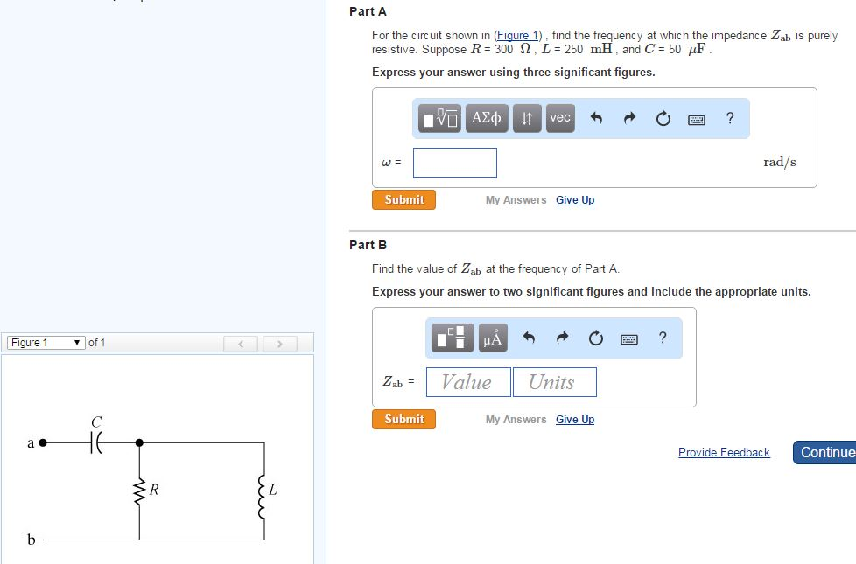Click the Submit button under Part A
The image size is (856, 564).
point(403,200)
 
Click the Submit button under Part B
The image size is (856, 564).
point(403,420)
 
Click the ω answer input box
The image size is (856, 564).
point(455,163)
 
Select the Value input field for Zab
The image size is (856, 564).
point(467,382)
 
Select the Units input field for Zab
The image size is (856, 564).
point(552,382)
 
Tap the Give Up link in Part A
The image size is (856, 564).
point(574,200)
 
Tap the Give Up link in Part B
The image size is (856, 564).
point(574,420)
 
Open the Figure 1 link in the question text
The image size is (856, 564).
point(516,36)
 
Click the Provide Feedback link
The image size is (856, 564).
point(724,453)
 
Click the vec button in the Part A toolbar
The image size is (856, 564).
point(560,118)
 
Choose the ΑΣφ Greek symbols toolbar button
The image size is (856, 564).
point(487,118)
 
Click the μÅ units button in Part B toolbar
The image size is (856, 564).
point(493,338)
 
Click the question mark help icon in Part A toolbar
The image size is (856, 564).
point(730,118)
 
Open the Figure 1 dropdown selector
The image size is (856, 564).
point(46,343)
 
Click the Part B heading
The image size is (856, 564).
point(368,245)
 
